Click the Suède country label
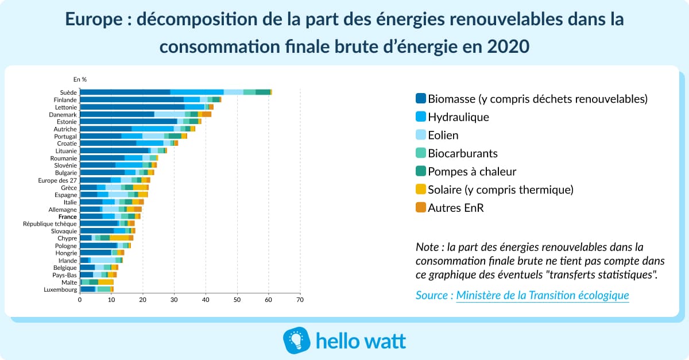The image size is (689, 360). click(68, 92)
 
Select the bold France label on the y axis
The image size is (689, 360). click(67, 216)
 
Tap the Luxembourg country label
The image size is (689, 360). click(60, 289)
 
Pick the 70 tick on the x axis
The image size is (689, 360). click(299, 300)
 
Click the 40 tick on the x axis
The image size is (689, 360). click(205, 300)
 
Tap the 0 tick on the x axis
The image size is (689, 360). click(80, 300)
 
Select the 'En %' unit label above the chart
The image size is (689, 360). click(80, 79)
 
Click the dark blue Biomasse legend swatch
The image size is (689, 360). click(420, 99)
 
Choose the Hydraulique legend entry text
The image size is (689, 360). click(458, 117)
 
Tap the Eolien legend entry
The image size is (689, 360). click(443, 136)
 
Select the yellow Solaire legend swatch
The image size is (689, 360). click(420, 189)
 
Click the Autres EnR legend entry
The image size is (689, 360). click(456, 208)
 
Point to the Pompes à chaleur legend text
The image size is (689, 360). click(472, 171)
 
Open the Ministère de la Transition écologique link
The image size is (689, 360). click(542, 295)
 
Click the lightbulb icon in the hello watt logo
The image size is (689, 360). click(297, 340)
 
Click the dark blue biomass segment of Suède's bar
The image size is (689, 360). click(125, 92)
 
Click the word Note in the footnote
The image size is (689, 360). click(428, 247)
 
